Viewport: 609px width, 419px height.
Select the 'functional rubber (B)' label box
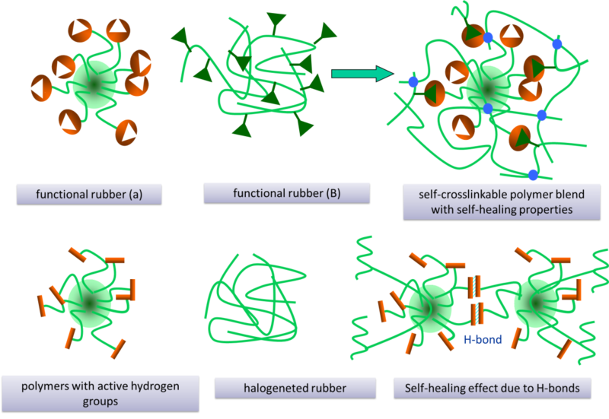point(286,192)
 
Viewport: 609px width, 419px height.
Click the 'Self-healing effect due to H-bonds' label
point(487,389)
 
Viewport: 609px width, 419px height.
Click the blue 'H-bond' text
point(483,340)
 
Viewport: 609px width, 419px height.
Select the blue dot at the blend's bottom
point(533,176)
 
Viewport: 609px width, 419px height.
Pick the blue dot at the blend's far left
point(413,81)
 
